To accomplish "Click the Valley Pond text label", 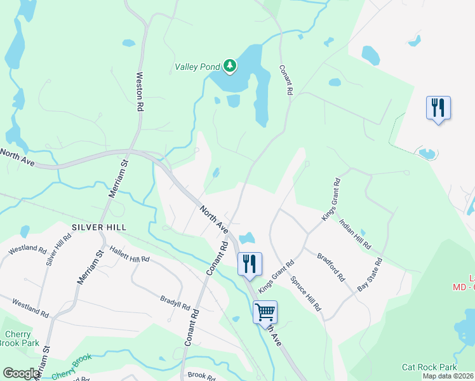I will coord(197,66).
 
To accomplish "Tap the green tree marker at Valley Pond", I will coord(229,65).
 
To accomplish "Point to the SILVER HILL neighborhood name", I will coord(99,227).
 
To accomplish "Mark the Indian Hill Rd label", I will coord(355,234).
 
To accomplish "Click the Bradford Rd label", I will coord(331,269).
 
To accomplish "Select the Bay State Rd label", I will coord(370,274).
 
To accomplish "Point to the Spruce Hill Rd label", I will coord(306,293).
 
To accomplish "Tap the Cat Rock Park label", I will coord(429,367).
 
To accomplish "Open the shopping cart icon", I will coord(265,311).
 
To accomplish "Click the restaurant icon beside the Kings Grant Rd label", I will coord(250,264).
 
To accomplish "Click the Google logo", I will coord(22,373).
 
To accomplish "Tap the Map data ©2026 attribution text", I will coord(447,376).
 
